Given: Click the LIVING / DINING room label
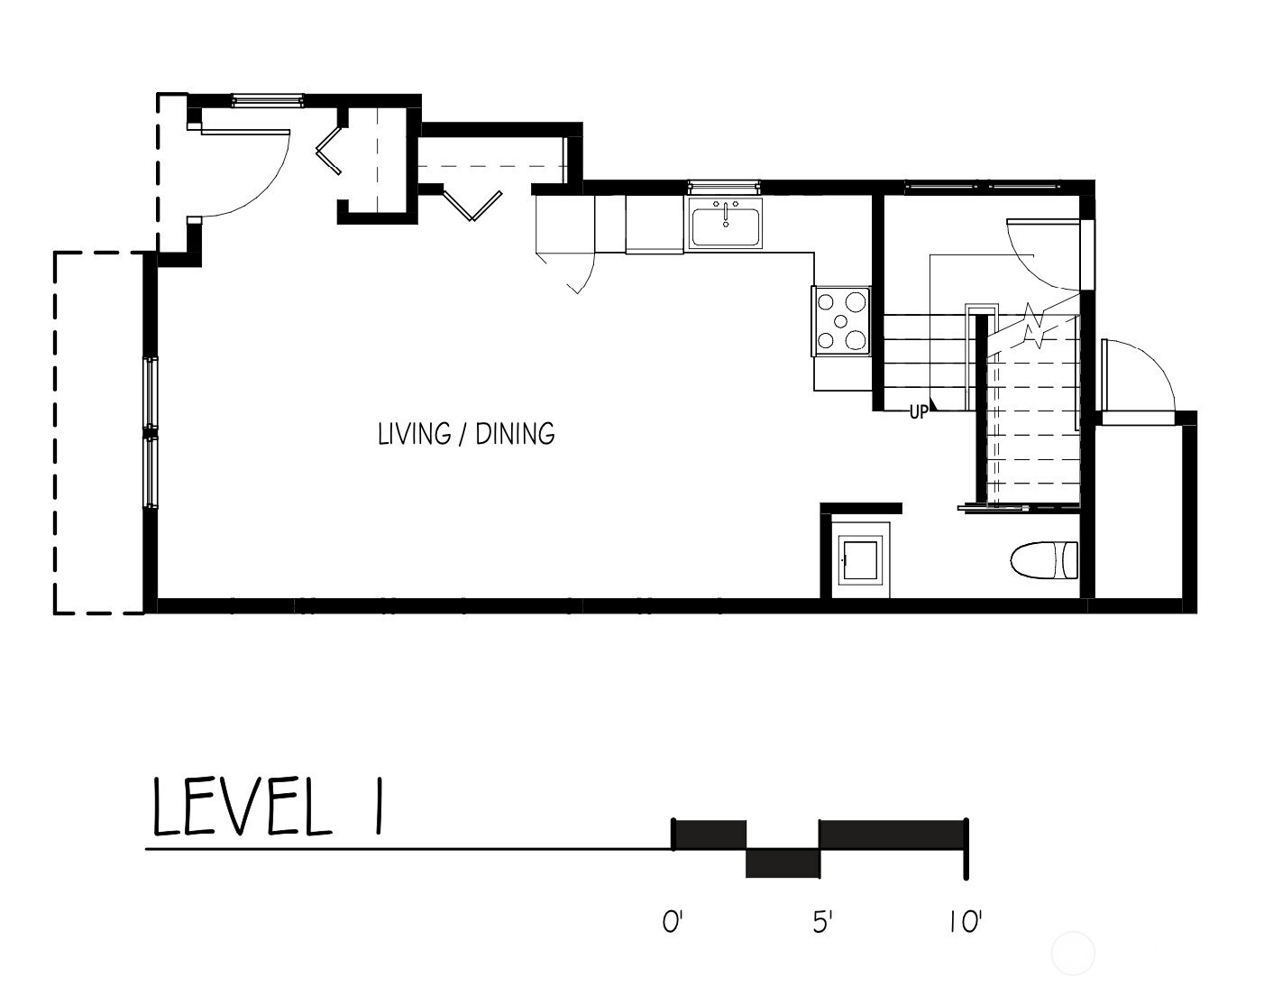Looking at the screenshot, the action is (466, 434).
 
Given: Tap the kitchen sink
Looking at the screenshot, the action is (725, 224).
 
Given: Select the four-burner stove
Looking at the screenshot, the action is (841, 321).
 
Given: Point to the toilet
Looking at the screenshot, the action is (1044, 560).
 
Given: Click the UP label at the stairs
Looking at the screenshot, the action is (919, 412).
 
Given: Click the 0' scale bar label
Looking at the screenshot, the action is (673, 922).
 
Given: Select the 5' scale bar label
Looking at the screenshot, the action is (822, 922).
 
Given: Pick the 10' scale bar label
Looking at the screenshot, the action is (966, 922).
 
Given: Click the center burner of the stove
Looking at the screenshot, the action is (840, 321).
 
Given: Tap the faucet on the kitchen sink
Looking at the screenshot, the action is (726, 213).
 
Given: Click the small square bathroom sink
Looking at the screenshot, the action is (860, 560).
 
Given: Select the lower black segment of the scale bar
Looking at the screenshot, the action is (783, 863).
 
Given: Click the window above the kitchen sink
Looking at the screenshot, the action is (724, 186).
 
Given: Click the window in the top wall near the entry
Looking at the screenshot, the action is (268, 100).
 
